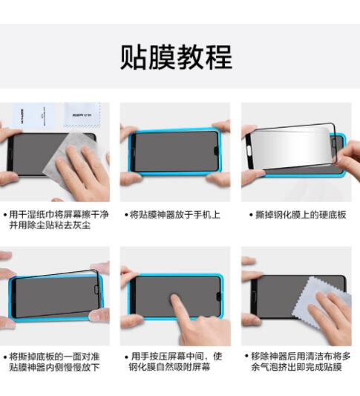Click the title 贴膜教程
click(176, 57)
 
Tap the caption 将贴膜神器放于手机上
click(174, 215)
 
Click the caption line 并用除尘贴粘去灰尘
click(50, 225)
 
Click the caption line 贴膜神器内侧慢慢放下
click(54, 367)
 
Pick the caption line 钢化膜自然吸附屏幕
click(169, 367)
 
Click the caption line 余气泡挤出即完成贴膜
click(296, 367)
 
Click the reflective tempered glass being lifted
click(291, 146)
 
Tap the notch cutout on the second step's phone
click(216, 152)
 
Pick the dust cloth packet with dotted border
click(82, 114)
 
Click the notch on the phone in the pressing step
click(218, 296)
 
